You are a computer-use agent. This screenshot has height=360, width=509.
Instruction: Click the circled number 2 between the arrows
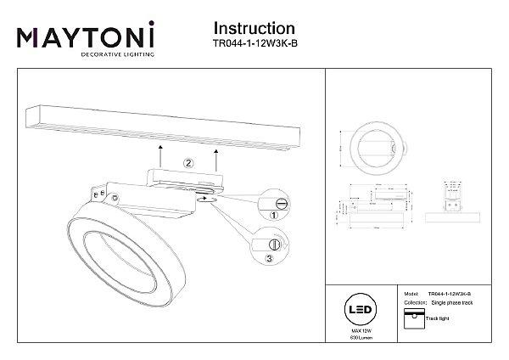(189, 161)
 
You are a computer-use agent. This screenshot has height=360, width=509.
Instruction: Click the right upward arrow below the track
(217, 156)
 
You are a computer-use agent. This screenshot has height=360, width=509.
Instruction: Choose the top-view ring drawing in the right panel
(373, 149)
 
